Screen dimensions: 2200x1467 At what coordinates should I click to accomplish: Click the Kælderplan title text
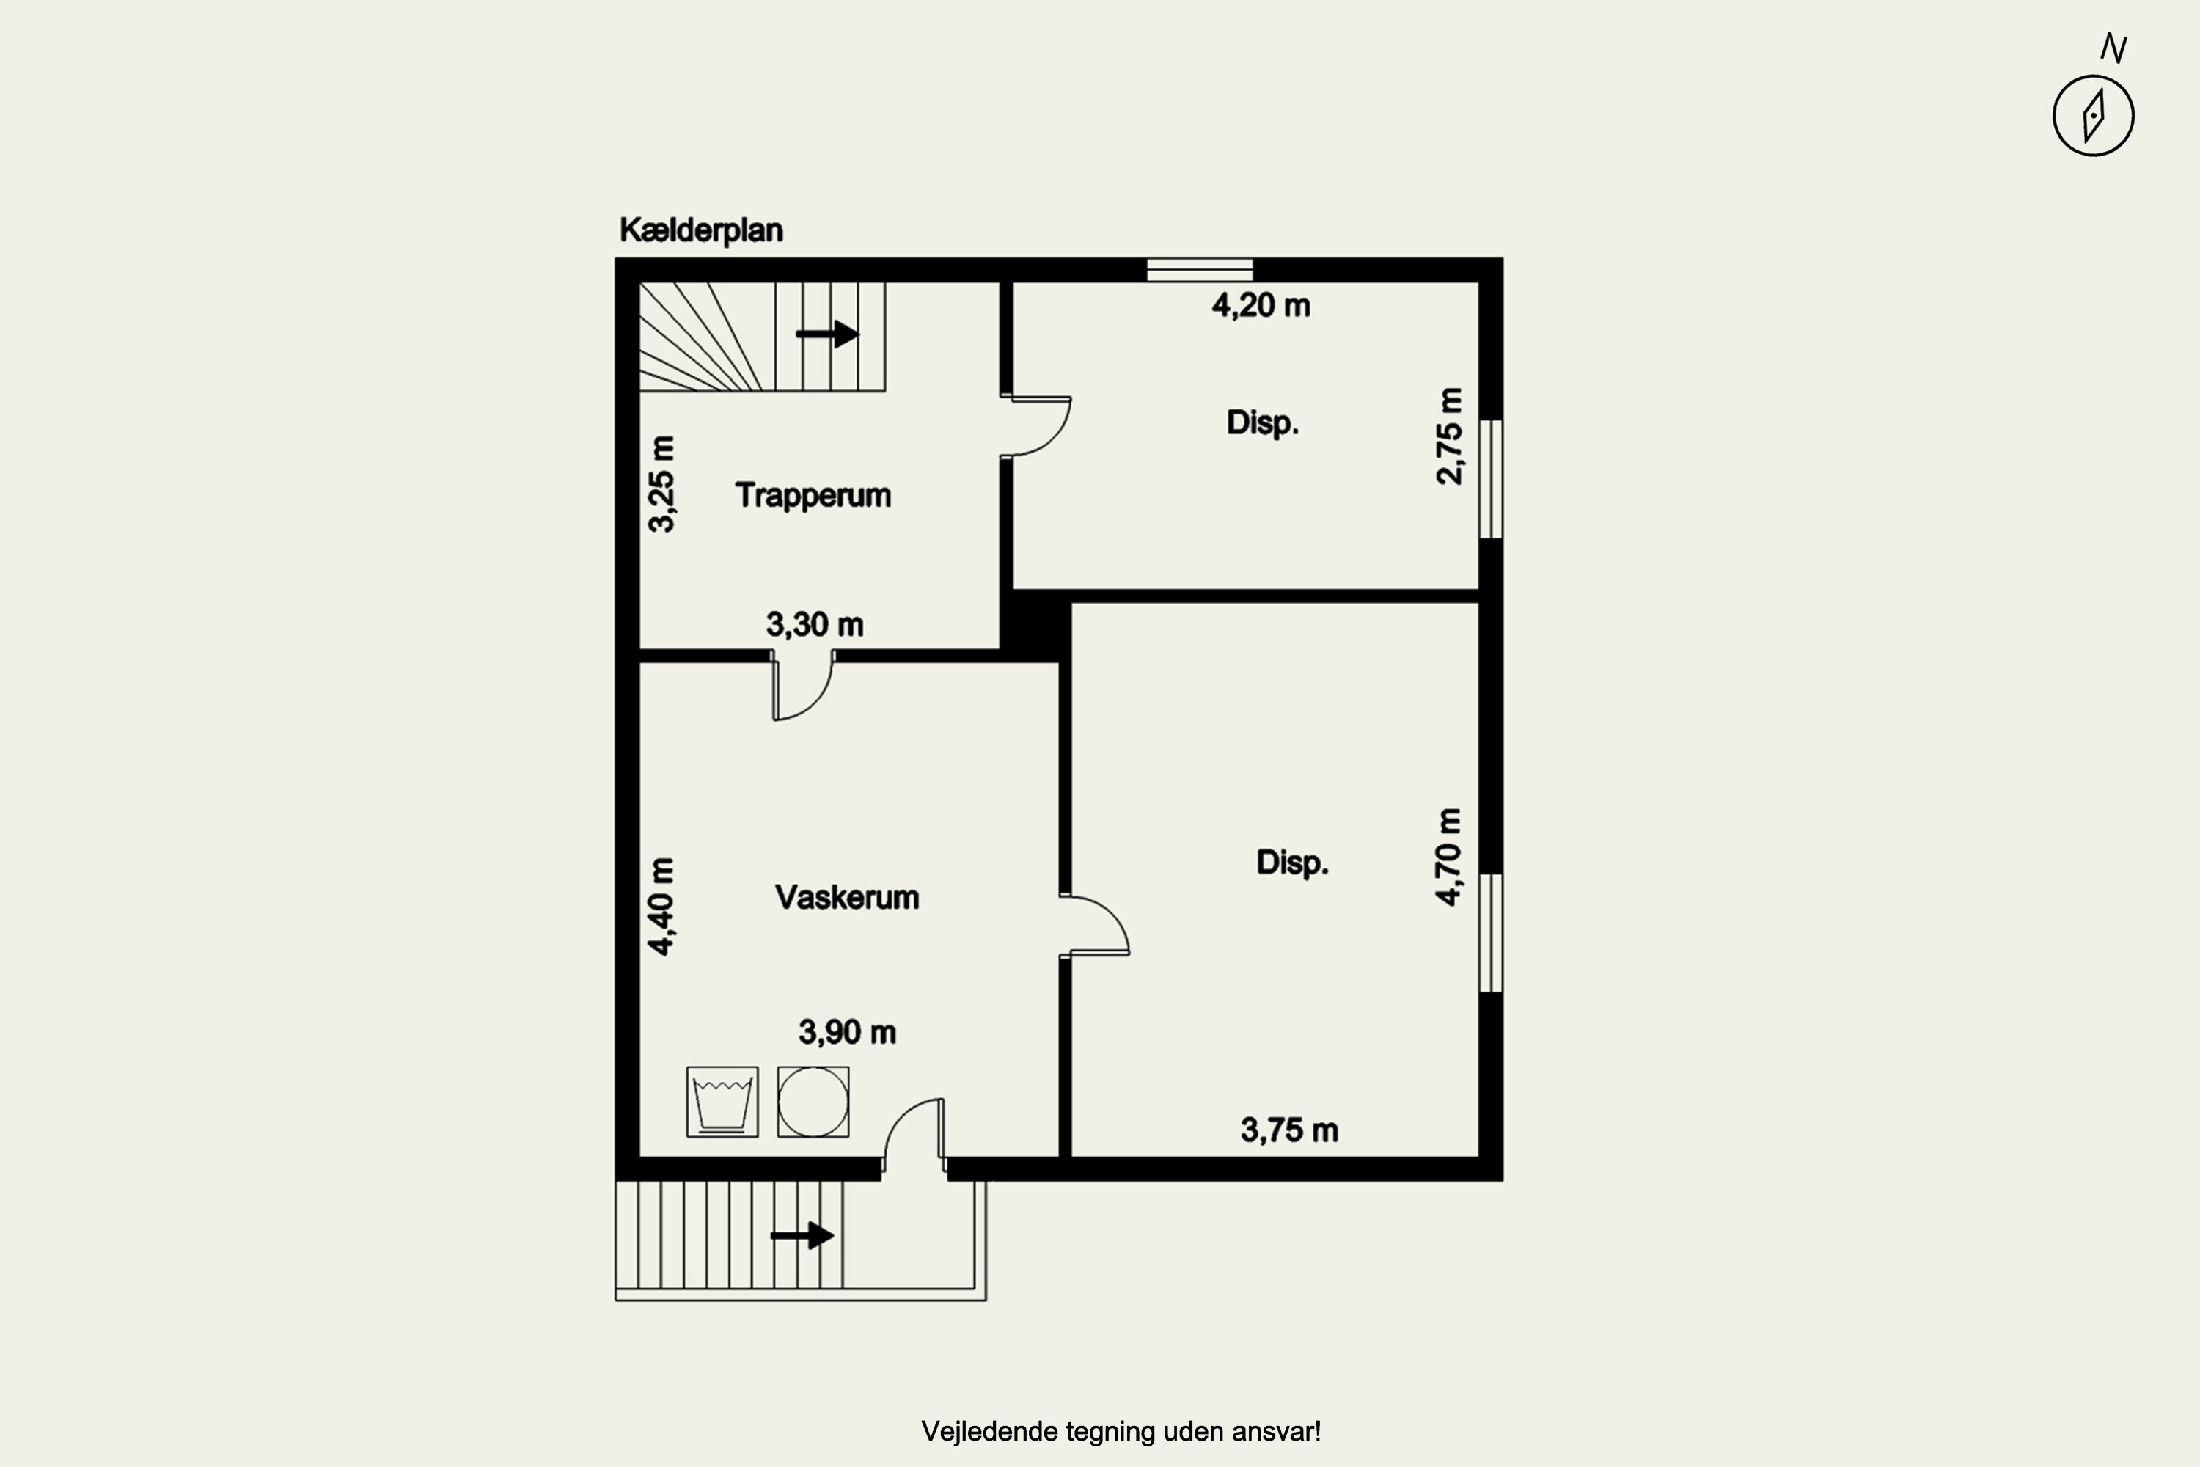coord(700,230)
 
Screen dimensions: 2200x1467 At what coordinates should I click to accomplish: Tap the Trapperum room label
coord(813,496)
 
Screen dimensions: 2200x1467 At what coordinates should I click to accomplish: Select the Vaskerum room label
coord(846,897)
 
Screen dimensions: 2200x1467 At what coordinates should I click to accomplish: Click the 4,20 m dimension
coord(1261,306)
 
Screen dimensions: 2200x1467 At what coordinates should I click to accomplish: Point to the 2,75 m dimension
coord(1449,436)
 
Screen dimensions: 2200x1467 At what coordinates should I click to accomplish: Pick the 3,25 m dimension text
coord(661,483)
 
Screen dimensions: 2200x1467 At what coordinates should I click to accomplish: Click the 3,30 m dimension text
coord(815,624)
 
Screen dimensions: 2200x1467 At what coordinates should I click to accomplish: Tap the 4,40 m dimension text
coord(661,907)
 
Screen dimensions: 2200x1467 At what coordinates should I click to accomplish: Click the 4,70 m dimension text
coord(1449,857)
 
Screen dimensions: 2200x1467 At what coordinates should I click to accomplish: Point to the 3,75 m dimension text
coord(1289,1130)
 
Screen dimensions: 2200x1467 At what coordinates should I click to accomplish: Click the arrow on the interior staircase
coord(828,334)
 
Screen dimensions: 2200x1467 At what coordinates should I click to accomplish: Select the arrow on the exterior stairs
coord(802,1236)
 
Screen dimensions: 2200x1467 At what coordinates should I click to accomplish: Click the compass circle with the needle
coord(2094,116)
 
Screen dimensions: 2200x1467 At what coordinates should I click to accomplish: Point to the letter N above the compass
coord(2115,48)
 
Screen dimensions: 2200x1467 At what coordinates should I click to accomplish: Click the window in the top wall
coord(1200,269)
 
